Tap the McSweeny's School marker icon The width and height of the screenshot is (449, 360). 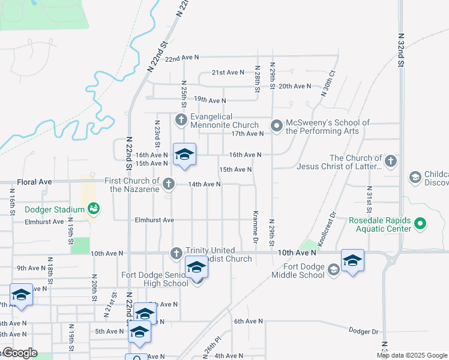pos(277,126)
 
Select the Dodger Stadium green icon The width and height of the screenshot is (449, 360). pos(93,209)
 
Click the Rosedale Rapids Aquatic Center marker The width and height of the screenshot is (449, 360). pos(420,225)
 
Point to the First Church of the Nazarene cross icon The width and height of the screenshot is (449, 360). pos(169,184)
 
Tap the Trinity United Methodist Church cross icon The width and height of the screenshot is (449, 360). pos(176,254)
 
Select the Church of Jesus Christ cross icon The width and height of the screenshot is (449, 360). pos(391,161)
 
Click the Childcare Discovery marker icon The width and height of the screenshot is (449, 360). pos(415,177)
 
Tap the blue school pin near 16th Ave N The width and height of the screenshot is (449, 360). pos(185,155)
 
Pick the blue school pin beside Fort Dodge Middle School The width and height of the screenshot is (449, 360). pos(352,260)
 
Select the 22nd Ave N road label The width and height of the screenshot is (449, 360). pos(182,58)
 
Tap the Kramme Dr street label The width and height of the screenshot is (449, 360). pos(255,223)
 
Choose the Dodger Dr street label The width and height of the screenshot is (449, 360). pos(364,331)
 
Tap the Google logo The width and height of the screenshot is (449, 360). pos(20,353)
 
